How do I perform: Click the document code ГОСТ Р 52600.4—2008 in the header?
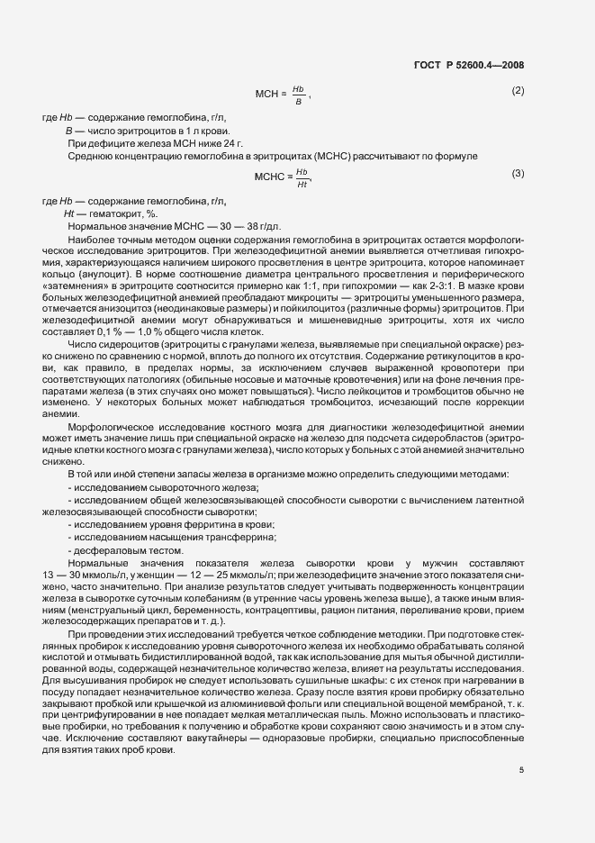point(471,65)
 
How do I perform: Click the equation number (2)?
point(518,91)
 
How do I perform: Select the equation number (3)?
point(518,173)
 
